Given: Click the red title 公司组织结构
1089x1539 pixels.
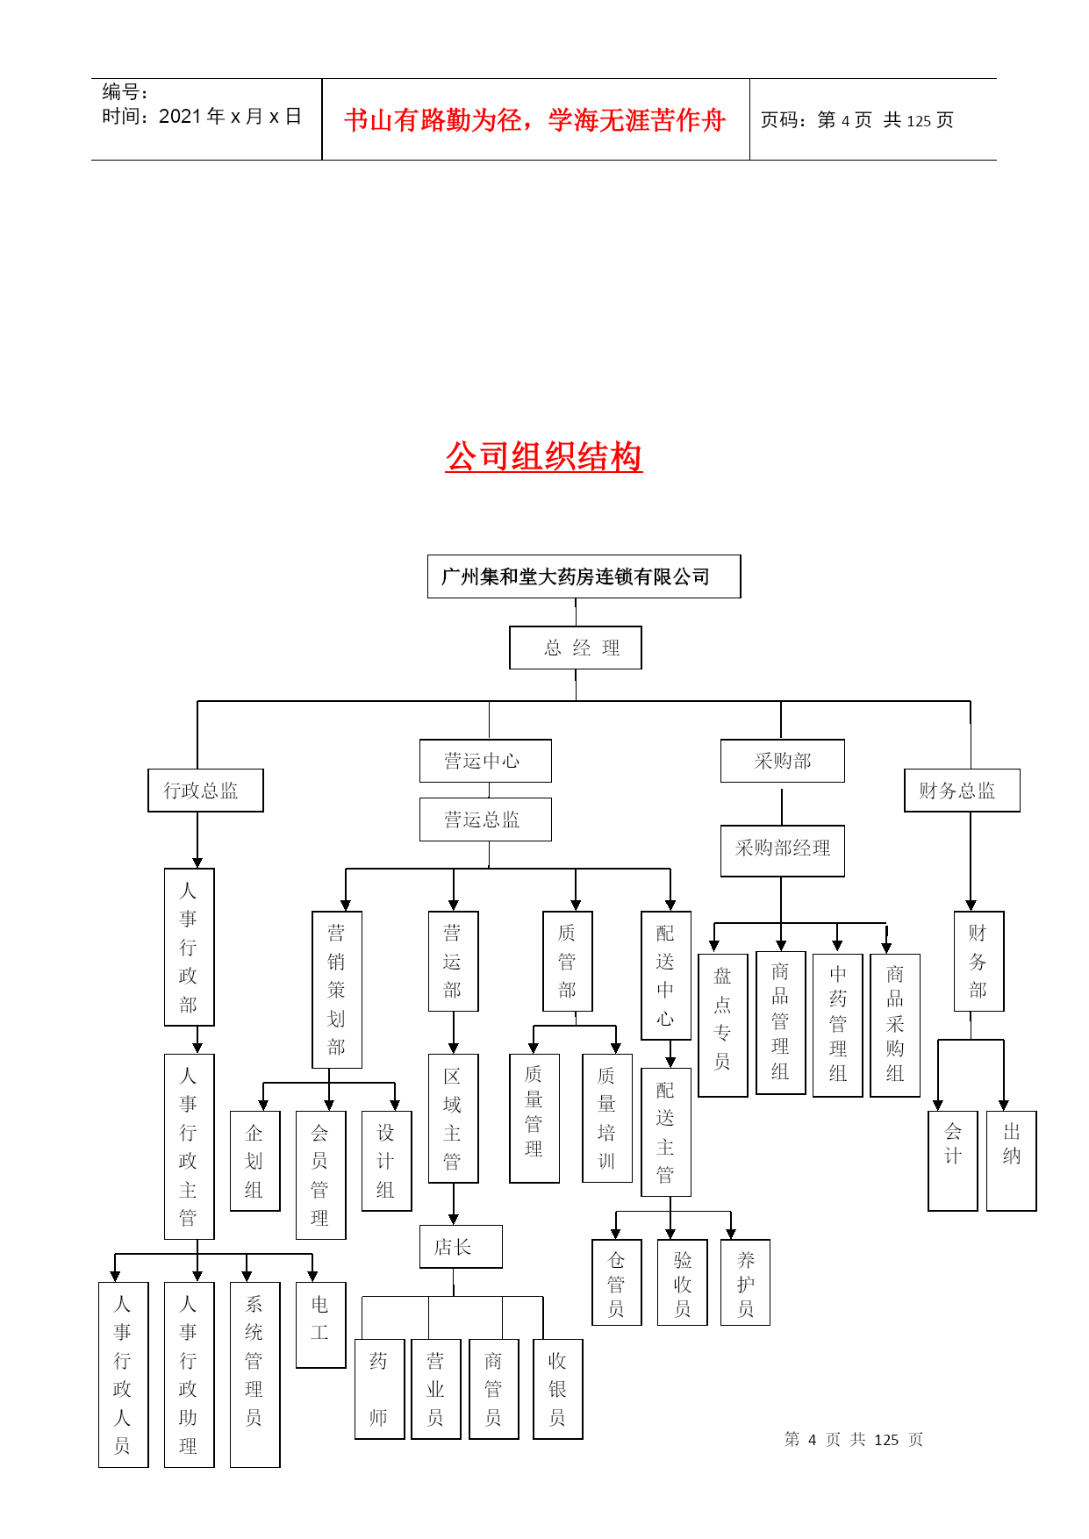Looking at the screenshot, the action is [544, 457].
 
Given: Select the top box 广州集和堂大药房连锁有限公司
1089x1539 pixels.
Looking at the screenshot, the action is [584, 576].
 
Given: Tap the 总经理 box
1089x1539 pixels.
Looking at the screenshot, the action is [576, 648].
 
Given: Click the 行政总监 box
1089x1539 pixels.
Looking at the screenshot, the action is [205, 791].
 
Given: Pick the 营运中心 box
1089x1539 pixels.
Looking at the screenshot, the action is [485, 761].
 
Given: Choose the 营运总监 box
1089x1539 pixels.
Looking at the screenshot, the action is [485, 820].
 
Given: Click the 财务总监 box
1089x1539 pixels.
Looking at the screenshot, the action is [962, 791].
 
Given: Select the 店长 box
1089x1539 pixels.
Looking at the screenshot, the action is [461, 1247].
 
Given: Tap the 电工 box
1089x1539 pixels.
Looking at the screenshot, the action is [321, 1325].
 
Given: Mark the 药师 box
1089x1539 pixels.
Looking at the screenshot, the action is [379, 1389].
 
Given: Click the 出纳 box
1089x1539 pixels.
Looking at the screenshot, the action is [1012, 1161].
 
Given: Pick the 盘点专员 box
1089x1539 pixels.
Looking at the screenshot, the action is [723, 1026].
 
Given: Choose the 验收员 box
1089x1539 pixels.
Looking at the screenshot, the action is [683, 1282].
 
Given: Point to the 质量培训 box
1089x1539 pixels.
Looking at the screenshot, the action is [607, 1118].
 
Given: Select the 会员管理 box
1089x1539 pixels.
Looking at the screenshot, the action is [321, 1175].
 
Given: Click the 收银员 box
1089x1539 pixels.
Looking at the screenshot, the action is [558, 1389].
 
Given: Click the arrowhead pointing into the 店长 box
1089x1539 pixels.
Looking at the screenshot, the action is [454, 1220].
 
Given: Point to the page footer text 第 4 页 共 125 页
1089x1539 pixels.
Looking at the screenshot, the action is [854, 1440].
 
